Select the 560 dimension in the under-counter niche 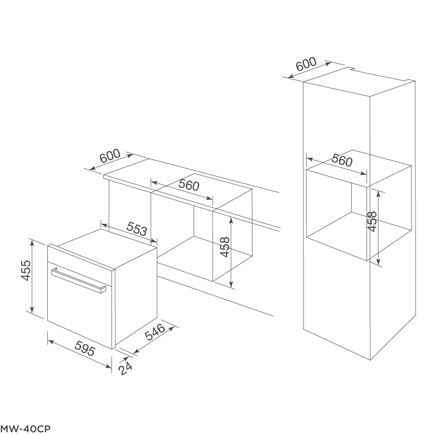click(189, 185)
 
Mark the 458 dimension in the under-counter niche click(225, 247)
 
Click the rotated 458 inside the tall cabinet click(372, 222)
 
